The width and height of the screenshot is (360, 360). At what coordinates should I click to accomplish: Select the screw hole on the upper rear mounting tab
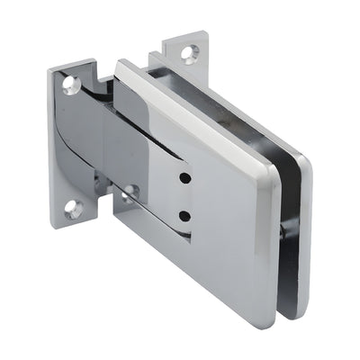click(x=188, y=53)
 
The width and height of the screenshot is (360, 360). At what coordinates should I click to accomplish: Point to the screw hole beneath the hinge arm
click(x=131, y=192)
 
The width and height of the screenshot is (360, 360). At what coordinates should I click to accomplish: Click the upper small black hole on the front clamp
click(x=184, y=178)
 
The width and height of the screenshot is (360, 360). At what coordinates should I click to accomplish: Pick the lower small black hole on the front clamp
click(x=184, y=216)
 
